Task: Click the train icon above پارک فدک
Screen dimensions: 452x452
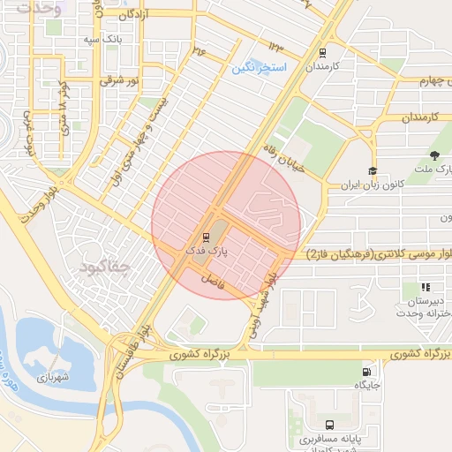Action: click(206, 237)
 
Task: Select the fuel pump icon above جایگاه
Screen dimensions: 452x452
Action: click(366, 372)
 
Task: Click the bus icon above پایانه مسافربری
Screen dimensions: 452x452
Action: click(329, 425)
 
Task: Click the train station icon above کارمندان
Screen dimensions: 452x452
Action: click(322, 52)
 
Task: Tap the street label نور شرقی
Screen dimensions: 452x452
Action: click(122, 80)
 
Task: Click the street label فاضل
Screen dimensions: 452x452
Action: click(213, 281)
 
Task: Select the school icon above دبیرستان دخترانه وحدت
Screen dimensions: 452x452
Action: click(426, 287)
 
